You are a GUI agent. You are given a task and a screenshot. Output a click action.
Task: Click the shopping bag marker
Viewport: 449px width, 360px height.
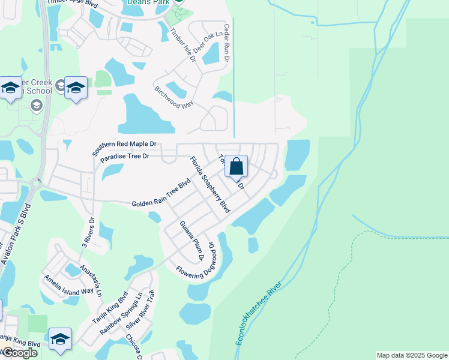(237, 166)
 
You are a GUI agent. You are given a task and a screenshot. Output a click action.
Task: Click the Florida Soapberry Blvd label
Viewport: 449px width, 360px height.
(210, 185)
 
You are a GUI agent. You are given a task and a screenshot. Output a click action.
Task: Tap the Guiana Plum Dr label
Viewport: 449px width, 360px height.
(193, 241)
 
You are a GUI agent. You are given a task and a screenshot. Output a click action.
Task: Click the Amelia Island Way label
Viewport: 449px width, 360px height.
(68, 284)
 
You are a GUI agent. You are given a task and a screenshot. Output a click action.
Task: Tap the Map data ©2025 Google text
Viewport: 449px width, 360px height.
(412, 355)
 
